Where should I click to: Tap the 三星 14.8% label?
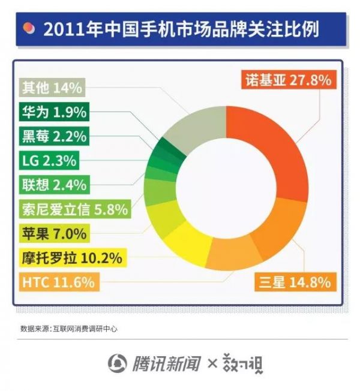295,282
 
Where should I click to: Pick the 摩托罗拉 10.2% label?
72,258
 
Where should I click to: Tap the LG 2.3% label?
50,161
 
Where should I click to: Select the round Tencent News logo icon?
118,363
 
